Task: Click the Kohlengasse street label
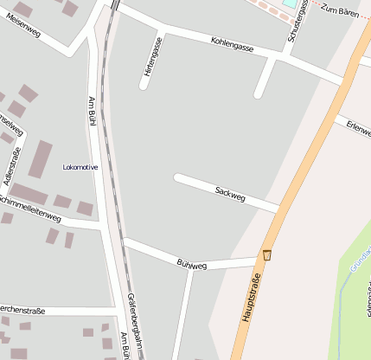point(232,44)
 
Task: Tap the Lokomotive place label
point(80,167)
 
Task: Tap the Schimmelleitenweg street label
point(33,208)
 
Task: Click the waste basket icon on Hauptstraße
point(267,255)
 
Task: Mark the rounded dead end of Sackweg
point(178,177)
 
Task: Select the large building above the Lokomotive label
point(41,158)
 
